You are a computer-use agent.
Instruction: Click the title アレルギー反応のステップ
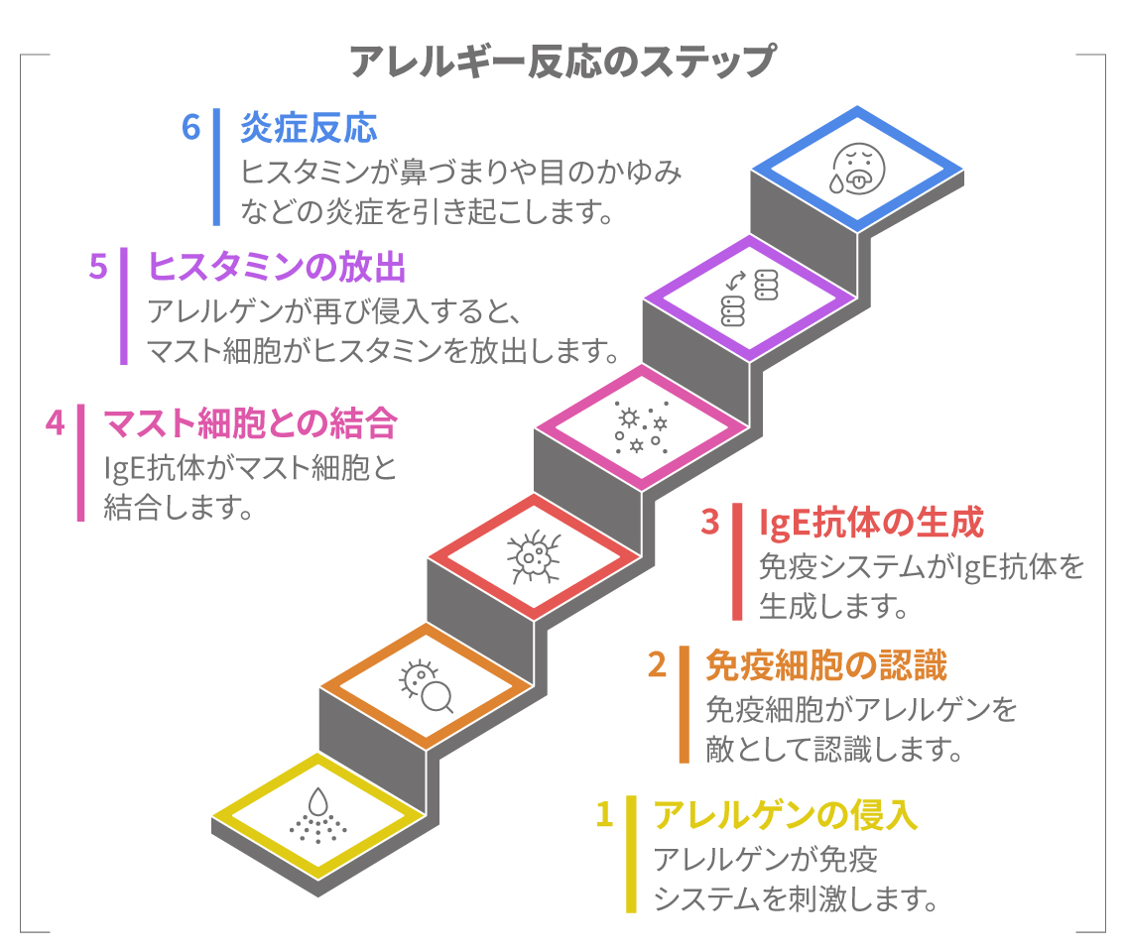562,61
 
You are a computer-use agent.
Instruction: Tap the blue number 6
190,128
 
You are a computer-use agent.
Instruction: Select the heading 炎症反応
309,129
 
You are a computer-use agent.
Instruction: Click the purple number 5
97,268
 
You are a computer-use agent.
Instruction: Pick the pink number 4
55,423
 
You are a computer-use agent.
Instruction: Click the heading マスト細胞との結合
250,423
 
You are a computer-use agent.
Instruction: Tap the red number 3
709,522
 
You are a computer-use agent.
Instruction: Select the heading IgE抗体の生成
870,522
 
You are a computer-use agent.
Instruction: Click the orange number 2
657,664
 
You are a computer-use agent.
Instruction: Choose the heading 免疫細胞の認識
825,664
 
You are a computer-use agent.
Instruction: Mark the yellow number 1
604,814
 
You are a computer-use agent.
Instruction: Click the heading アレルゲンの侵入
785,814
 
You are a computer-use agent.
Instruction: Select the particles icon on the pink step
641,427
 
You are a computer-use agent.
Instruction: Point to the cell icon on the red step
534,557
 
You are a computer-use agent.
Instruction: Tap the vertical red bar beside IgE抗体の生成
737,561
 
